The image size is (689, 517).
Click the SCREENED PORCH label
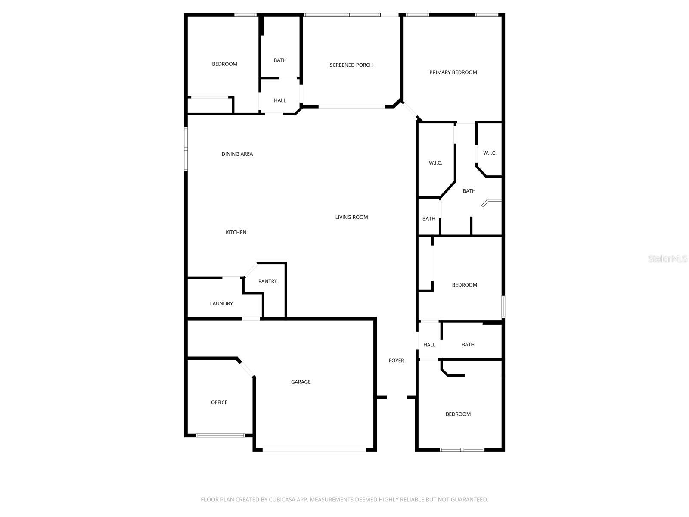coord(351,65)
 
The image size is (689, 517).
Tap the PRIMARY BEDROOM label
coord(453,72)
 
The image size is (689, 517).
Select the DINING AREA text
coord(237,154)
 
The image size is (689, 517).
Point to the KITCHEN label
coord(236,233)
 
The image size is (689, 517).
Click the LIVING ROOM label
coord(351,218)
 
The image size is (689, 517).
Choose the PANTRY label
coord(267,281)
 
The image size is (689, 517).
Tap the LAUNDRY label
coord(221,304)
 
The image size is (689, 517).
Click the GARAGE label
coord(301,382)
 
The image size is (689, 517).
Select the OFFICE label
coord(219,402)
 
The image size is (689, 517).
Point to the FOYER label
coord(396,361)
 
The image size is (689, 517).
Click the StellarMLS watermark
coord(667,259)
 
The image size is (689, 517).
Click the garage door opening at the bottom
coord(314,450)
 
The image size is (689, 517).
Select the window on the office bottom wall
coord(220,436)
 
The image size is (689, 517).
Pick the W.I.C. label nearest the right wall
coord(490,153)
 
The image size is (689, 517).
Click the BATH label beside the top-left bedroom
coord(280,60)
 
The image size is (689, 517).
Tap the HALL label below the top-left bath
coord(280,100)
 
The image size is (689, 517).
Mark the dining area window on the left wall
coord(186,149)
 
